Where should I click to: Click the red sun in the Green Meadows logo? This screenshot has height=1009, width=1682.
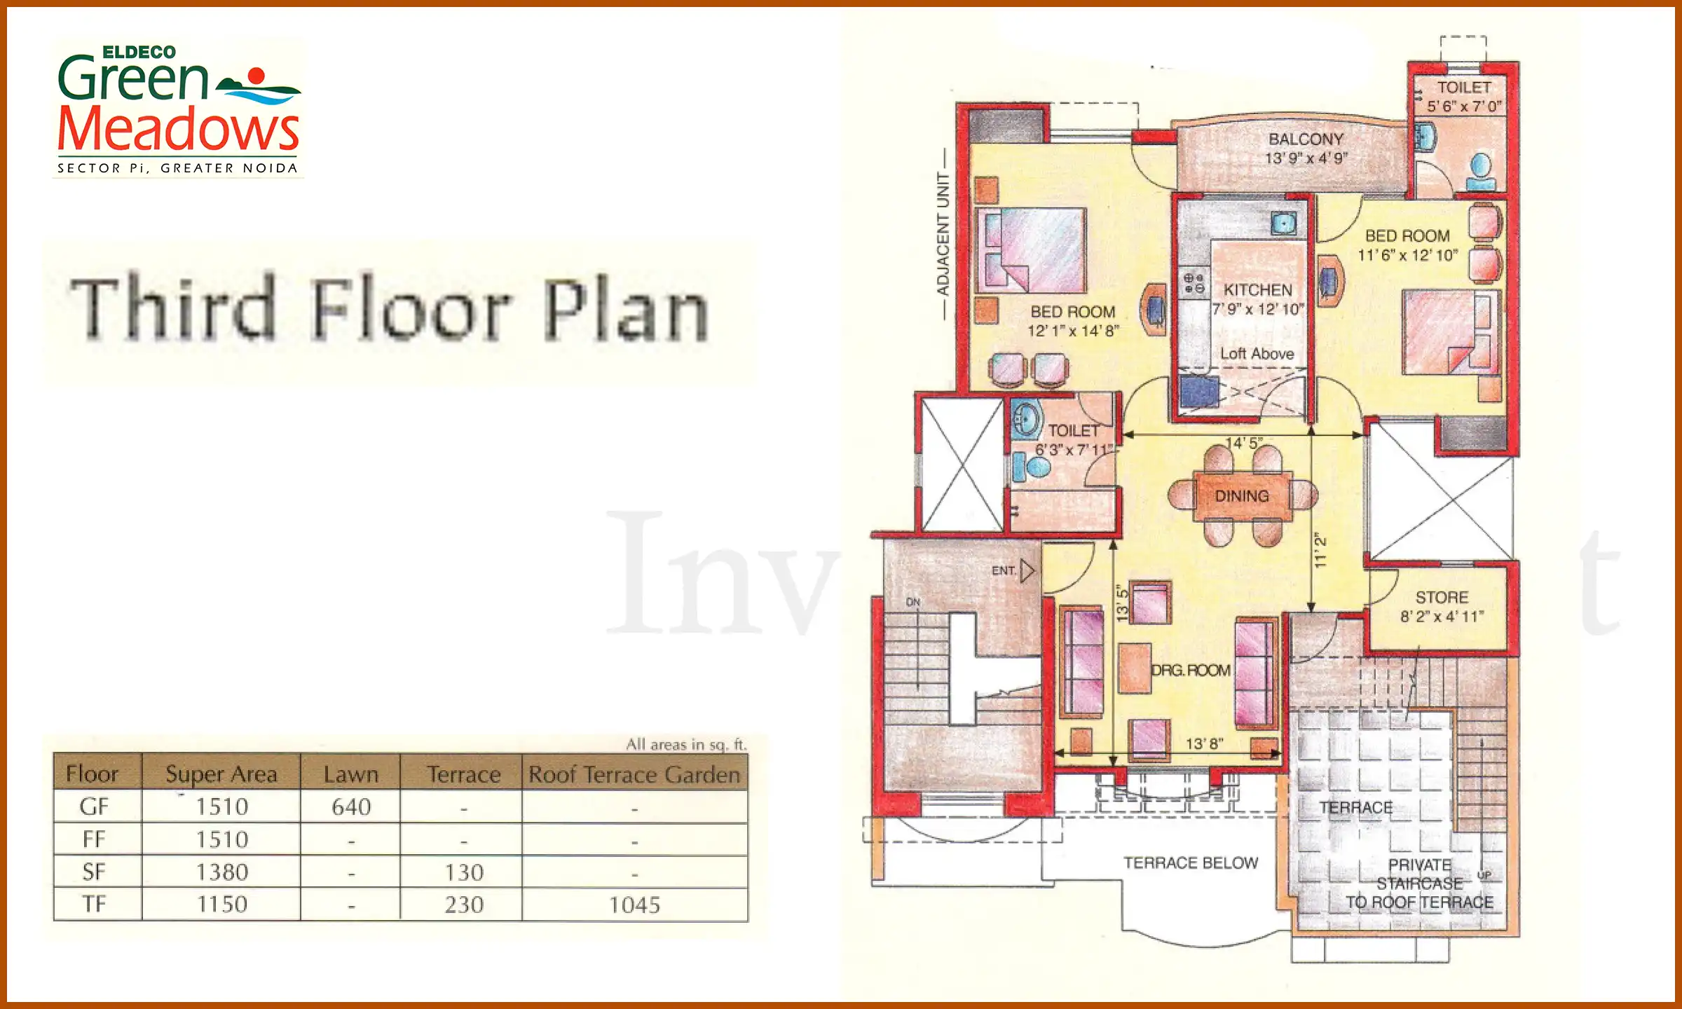click(x=257, y=76)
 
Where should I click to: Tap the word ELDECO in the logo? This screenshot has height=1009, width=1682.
click(x=139, y=53)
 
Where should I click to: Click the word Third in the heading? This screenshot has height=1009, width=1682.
click(x=172, y=309)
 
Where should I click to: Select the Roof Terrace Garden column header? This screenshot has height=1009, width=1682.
click(x=634, y=774)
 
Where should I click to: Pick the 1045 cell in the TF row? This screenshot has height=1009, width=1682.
click(x=634, y=905)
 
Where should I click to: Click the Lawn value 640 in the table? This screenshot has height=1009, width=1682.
click(x=351, y=807)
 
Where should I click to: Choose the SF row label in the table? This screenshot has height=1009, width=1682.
click(x=94, y=872)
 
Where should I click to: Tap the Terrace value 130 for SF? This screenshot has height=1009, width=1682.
click(x=464, y=872)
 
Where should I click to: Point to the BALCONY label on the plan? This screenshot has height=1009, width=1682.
click(x=1306, y=139)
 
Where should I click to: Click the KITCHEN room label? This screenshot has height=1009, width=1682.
click(x=1258, y=290)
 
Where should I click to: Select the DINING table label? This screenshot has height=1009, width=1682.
click(x=1242, y=496)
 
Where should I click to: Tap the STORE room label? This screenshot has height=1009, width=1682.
click(x=1442, y=598)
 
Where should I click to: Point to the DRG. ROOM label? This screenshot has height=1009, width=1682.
click(x=1191, y=671)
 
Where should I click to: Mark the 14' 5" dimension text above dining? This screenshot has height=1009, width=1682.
click(x=1244, y=443)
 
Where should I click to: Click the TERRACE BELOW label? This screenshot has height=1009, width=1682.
click(x=1191, y=863)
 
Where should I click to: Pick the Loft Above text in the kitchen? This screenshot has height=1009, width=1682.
click(x=1257, y=354)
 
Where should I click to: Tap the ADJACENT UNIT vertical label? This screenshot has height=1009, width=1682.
click(x=943, y=234)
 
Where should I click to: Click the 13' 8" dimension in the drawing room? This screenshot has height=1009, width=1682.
click(x=1204, y=743)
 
